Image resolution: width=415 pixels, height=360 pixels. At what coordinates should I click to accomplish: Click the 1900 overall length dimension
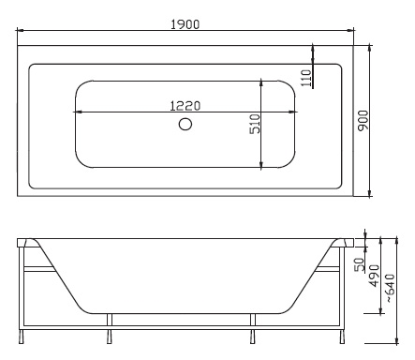pyautogui.click(x=185, y=24)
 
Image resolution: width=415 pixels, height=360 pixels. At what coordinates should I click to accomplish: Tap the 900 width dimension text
pyautogui.click(x=363, y=121)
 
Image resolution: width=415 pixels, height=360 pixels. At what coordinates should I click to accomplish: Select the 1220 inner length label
pyautogui.click(x=185, y=106)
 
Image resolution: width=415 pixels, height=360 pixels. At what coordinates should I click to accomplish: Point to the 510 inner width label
pyautogui.click(x=255, y=124)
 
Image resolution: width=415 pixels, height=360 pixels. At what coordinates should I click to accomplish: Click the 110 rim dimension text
pyautogui.click(x=306, y=78)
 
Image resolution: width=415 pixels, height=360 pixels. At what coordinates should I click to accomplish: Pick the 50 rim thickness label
pyautogui.click(x=360, y=264)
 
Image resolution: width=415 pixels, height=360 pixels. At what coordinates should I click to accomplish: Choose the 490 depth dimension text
pyautogui.click(x=374, y=276)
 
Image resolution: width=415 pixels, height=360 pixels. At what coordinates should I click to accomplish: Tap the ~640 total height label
pyautogui.click(x=390, y=288)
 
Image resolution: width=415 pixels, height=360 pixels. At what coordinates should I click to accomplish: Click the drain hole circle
pyautogui.click(x=185, y=124)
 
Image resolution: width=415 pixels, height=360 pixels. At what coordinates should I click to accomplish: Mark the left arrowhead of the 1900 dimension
pyautogui.click(x=20, y=30)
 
